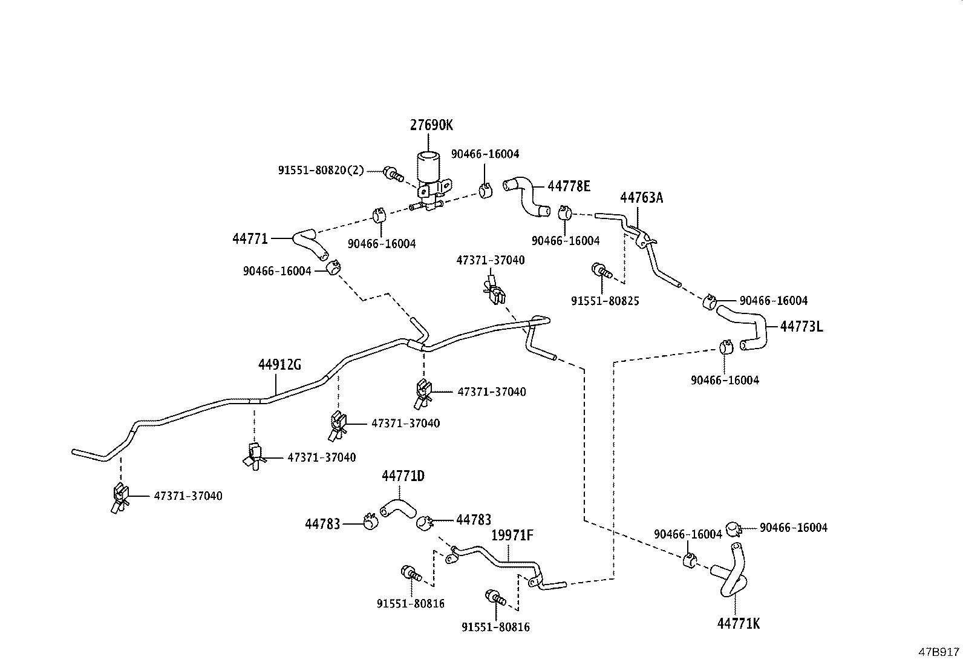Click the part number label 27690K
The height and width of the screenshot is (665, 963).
click(x=431, y=125)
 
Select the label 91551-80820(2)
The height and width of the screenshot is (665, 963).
click(x=321, y=171)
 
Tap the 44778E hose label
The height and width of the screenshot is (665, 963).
click(x=569, y=186)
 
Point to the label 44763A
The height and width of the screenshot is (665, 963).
click(x=641, y=198)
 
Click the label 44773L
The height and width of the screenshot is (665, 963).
click(x=801, y=327)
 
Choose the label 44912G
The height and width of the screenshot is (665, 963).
click(x=279, y=365)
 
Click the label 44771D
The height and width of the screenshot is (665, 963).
click(x=403, y=476)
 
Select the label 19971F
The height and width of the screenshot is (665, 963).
click(x=512, y=536)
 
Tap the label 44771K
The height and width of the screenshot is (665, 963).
click(x=738, y=623)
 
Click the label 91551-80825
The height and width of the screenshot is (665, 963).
click(x=605, y=300)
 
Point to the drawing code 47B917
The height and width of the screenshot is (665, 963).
click(x=939, y=652)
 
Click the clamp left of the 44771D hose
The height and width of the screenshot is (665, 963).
click(x=370, y=520)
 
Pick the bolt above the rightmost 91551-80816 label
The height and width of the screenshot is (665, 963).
click(x=494, y=597)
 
